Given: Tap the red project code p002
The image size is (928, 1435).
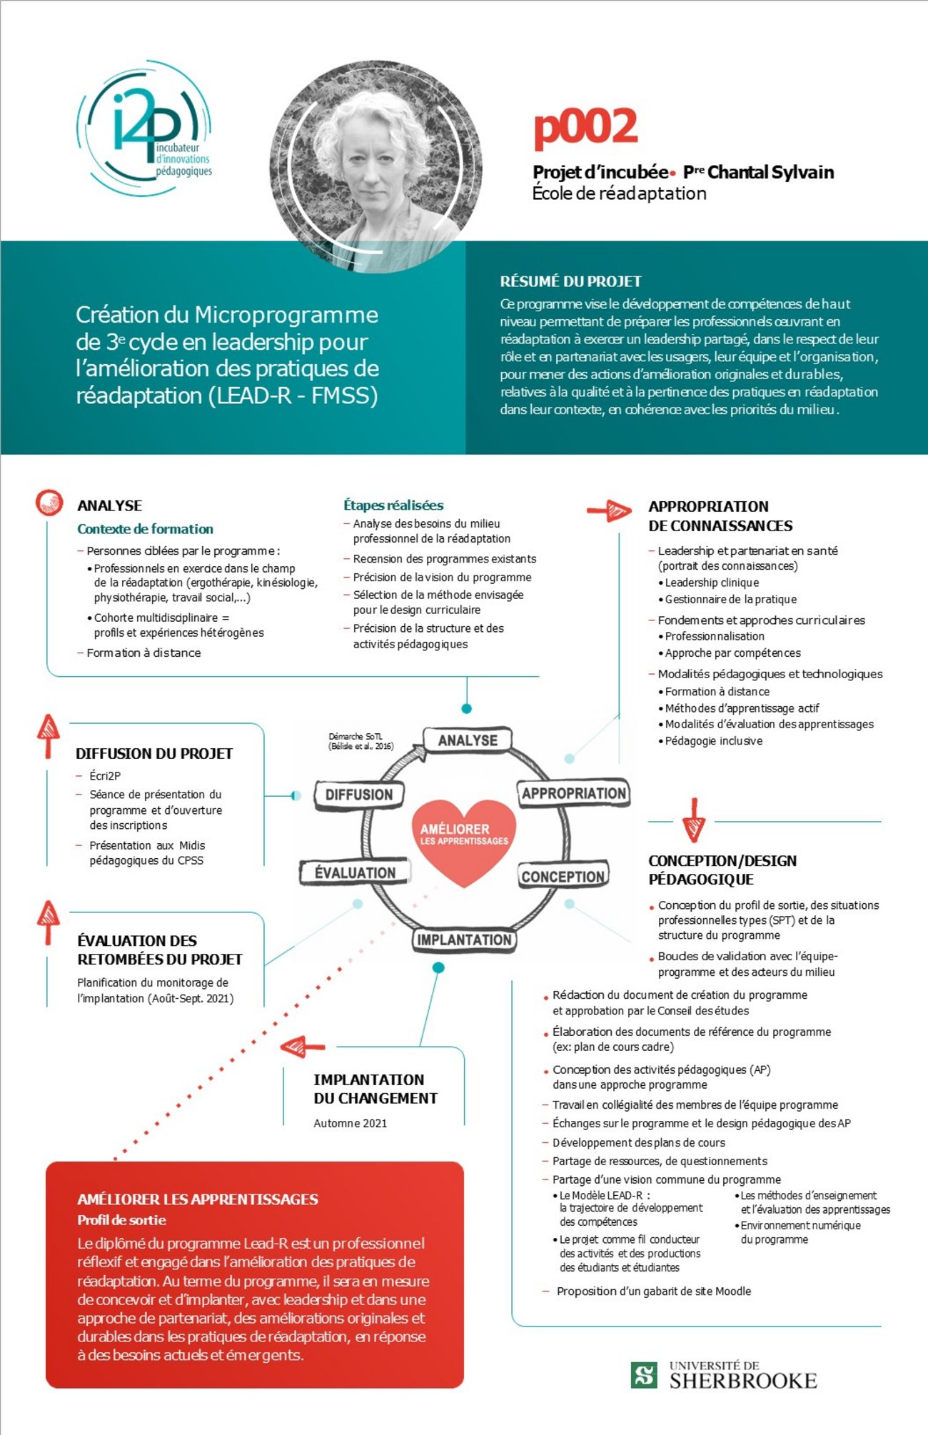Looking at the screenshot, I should [x=585, y=127].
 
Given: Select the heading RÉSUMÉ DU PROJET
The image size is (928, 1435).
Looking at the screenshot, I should [x=570, y=281].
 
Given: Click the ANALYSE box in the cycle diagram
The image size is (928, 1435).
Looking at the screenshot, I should [x=468, y=740].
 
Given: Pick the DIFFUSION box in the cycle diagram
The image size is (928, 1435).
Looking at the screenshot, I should [x=359, y=795].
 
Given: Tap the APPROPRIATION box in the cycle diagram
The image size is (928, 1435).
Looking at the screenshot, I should [x=573, y=793].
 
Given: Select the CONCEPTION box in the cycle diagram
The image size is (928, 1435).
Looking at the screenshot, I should [x=563, y=876].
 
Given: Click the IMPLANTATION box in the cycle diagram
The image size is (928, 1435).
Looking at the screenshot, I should [x=464, y=940].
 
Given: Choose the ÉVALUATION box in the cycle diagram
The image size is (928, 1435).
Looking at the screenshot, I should [x=355, y=872].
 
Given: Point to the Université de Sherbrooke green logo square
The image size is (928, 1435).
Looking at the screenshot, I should [x=645, y=1374].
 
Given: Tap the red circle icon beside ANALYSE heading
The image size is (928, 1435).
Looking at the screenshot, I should [x=49, y=503].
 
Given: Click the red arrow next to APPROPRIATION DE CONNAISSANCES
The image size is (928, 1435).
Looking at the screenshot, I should [x=609, y=510].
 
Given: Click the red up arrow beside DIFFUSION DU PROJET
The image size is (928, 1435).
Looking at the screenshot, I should [x=48, y=735].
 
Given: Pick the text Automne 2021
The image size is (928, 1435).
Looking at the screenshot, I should [x=350, y=1123].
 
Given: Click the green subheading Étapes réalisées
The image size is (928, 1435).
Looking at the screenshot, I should [x=393, y=505].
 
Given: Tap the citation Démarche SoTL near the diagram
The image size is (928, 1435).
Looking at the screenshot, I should [x=360, y=741].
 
